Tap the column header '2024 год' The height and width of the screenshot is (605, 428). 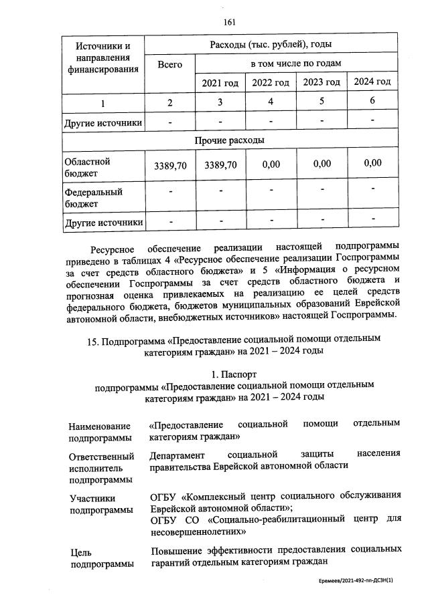click(x=372, y=82)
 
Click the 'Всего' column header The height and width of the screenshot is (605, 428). click(x=170, y=65)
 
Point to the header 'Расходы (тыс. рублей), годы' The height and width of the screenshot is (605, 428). click(x=271, y=45)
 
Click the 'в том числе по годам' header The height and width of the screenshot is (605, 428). click(x=296, y=63)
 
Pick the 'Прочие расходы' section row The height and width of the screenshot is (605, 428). click(x=229, y=140)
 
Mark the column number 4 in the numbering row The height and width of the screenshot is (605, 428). click(x=271, y=102)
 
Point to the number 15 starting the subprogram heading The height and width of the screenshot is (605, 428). click(x=92, y=339)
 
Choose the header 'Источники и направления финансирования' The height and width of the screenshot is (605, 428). click(x=103, y=57)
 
